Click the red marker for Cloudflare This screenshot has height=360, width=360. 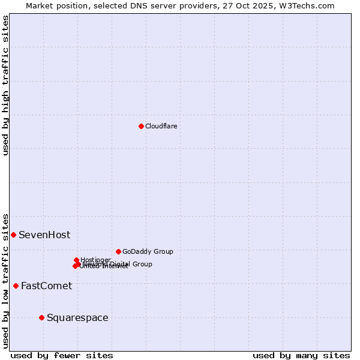coord(141,126)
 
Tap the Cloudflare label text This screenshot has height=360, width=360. coord(161,126)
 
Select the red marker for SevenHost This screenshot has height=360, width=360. coord(13,235)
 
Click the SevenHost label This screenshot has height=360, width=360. coord(44,235)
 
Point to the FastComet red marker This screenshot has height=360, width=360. coord(16,286)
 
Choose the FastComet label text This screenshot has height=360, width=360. coord(46,286)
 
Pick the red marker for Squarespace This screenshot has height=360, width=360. coord(41,317)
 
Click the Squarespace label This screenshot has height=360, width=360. coord(77,317)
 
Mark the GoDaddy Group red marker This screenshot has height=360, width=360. coord(118,251)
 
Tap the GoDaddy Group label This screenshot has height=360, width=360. coord(148,251)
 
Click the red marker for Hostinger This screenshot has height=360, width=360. coord(76,260)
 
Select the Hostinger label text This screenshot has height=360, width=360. coord(95,260)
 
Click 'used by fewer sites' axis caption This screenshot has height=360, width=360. coord(62,355)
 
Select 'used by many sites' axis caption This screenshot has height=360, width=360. coord(301,355)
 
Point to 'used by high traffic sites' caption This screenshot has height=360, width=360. coord(5,85)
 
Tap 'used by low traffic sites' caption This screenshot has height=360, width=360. coord(5,280)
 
